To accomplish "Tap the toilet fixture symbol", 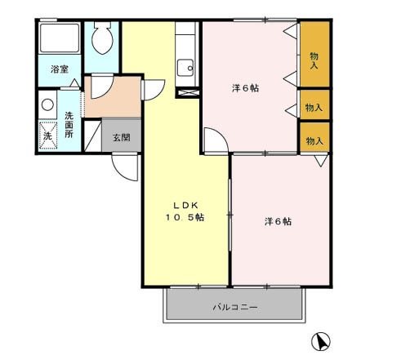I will (102, 37).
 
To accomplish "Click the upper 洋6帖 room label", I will (244, 88).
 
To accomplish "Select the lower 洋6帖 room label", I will (279, 221).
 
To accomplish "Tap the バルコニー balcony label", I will (236, 308).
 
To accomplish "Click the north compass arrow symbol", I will (323, 340).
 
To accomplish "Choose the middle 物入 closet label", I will (314, 107).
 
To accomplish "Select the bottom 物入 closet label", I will (314, 140).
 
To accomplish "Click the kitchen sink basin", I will (186, 66).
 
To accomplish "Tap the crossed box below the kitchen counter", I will (187, 92).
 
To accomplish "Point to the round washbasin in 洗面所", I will (47, 105).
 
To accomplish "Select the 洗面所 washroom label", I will (69, 123).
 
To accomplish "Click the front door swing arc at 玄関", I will (123, 167).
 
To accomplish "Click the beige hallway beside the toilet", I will (114, 96).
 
